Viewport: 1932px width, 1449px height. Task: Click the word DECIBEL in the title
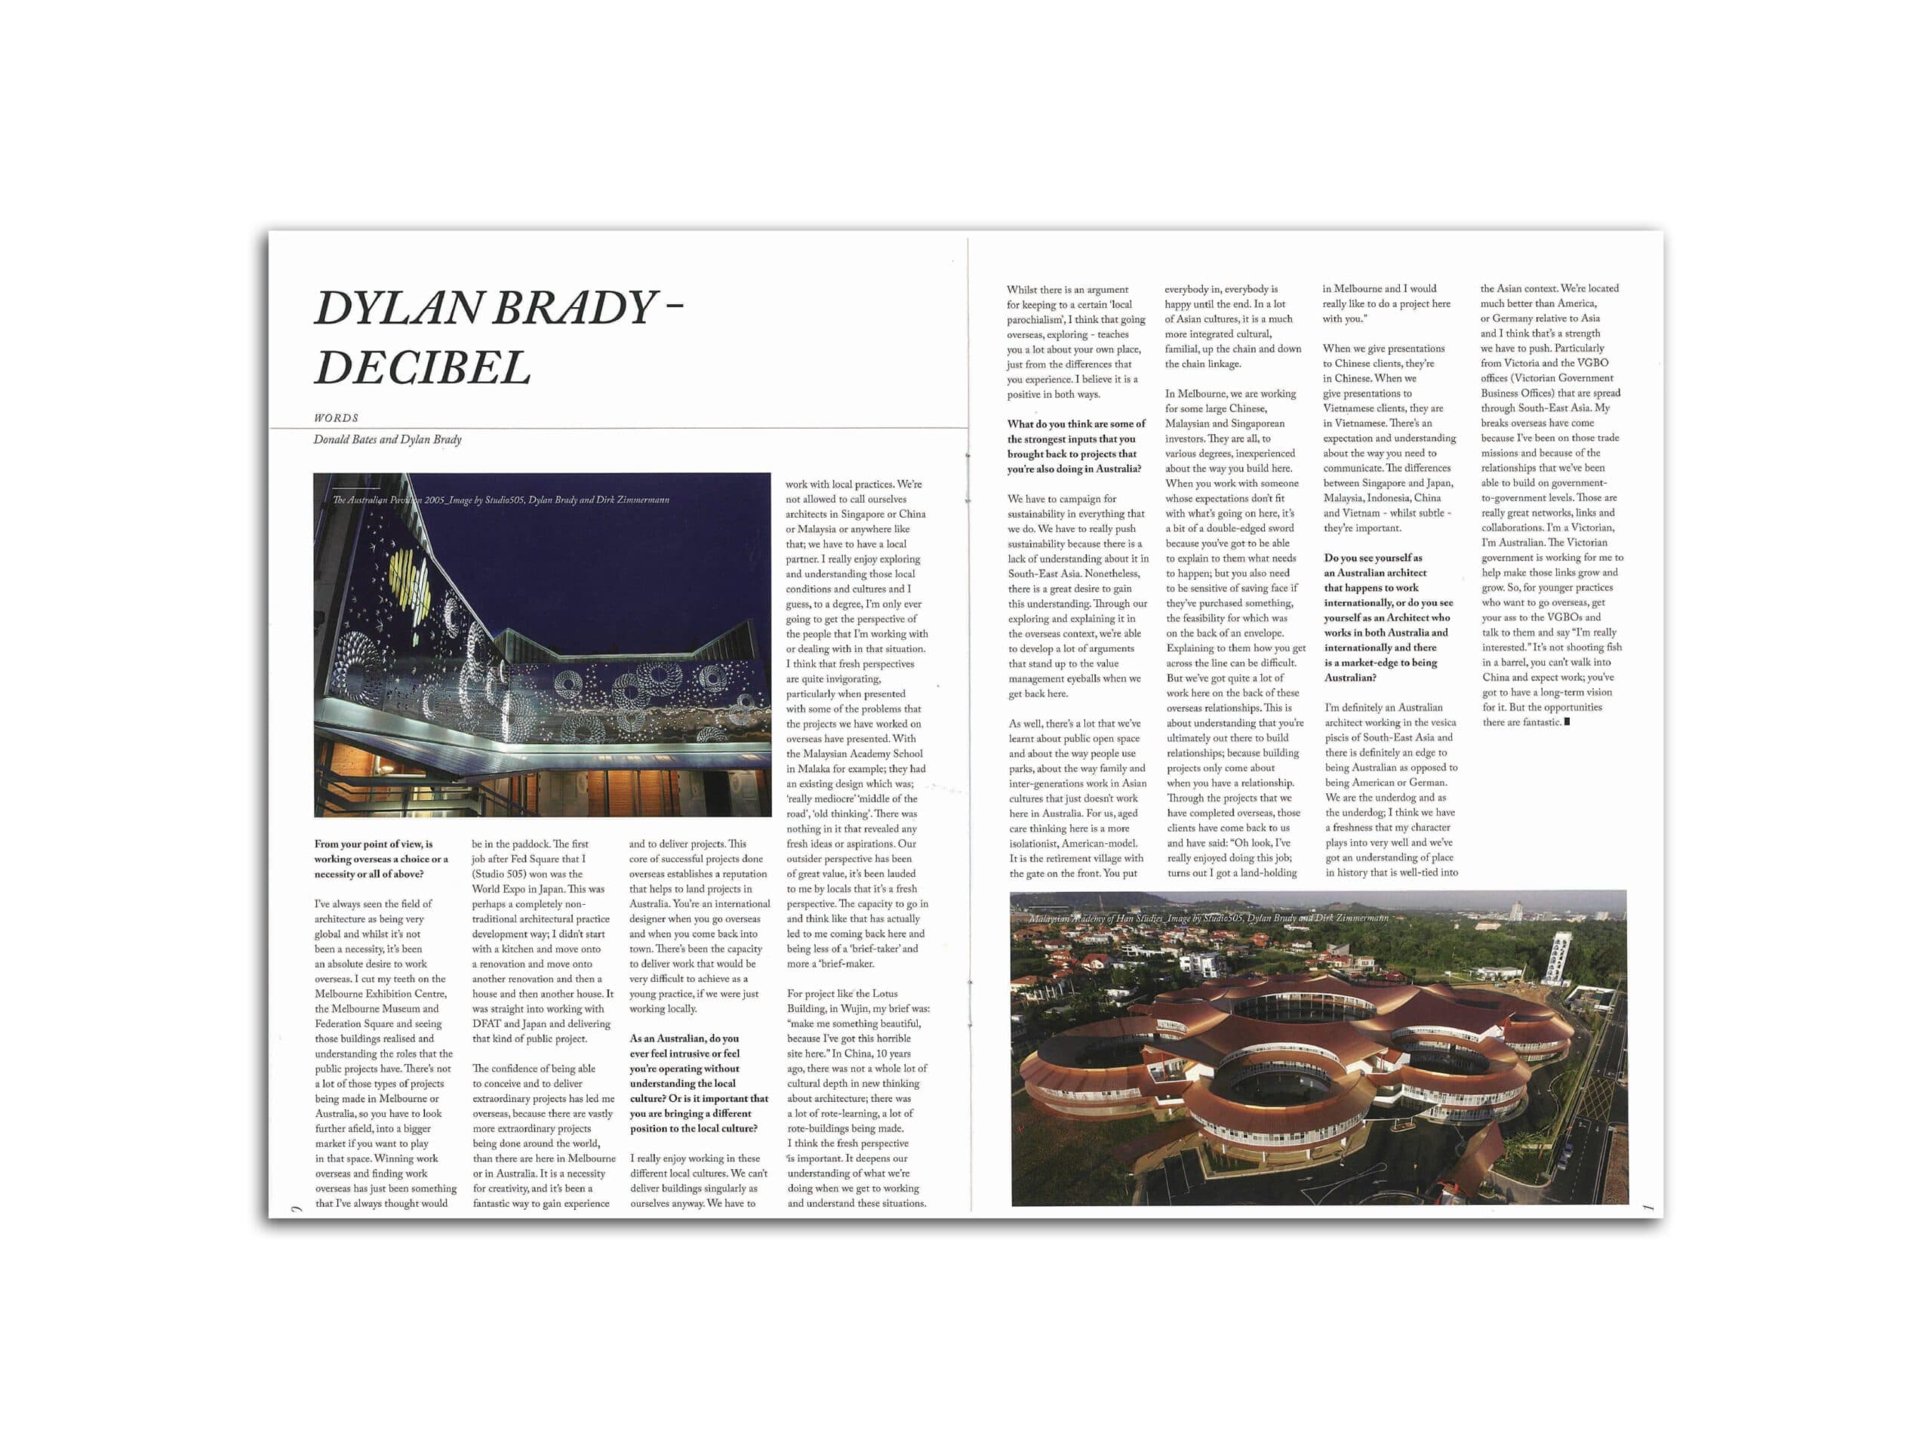(422, 367)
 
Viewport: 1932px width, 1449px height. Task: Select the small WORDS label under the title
(337, 418)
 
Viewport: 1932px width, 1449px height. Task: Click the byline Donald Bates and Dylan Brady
(387, 439)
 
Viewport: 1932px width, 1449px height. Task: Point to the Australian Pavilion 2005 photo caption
(500, 500)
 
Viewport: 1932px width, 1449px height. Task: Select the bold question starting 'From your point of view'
(382, 860)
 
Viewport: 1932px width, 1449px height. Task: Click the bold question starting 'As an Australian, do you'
(698, 1084)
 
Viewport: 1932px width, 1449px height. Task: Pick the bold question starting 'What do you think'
(1075, 446)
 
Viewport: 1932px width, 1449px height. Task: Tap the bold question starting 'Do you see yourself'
(1386, 617)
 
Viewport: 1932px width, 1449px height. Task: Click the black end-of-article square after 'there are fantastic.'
(1567, 722)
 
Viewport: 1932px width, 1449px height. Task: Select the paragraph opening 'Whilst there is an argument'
(1075, 342)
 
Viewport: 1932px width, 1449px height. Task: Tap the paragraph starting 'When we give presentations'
(1389, 438)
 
